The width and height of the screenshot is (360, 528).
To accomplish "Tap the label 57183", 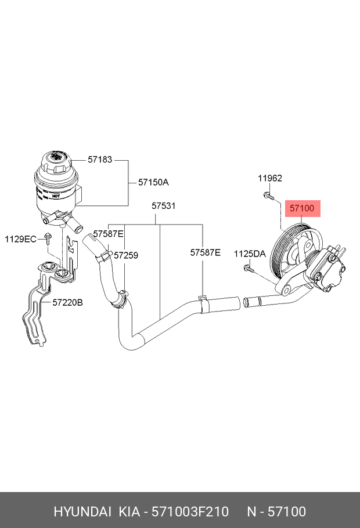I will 100,159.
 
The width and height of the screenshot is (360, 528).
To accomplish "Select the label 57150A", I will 153,182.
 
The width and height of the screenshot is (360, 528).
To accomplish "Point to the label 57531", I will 164,206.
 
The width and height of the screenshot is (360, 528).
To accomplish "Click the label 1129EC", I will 21,238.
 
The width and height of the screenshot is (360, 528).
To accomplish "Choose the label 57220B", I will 68,302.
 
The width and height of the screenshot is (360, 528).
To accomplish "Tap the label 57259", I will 125,255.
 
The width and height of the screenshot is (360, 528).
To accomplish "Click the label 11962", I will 270,178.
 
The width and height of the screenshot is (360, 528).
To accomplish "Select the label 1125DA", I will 250,254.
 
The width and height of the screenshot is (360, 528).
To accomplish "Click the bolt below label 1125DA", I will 249,268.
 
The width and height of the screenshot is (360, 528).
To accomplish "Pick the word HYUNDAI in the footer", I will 82,511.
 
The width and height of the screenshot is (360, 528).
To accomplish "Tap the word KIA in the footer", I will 129,511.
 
